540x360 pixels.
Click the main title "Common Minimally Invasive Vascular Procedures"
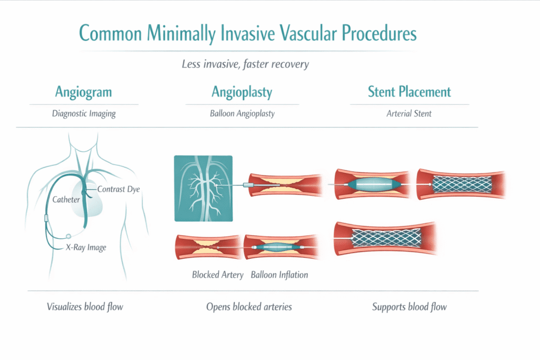click(x=247, y=33)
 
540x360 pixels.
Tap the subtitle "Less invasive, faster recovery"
click(x=245, y=64)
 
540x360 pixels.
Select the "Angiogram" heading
click(x=83, y=92)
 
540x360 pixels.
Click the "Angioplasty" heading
click(x=242, y=92)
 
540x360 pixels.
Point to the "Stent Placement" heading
click(x=409, y=92)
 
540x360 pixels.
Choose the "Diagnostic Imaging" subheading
click(x=83, y=113)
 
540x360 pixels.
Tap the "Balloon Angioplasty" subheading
click(x=242, y=113)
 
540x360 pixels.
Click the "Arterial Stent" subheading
click(x=409, y=113)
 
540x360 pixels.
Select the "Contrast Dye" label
click(x=119, y=189)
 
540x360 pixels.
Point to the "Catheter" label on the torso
click(x=66, y=200)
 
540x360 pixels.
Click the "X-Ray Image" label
click(x=86, y=247)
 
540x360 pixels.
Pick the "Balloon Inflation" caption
click(x=279, y=275)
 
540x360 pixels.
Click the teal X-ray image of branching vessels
click(x=203, y=188)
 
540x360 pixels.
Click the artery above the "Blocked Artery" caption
click(x=208, y=247)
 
